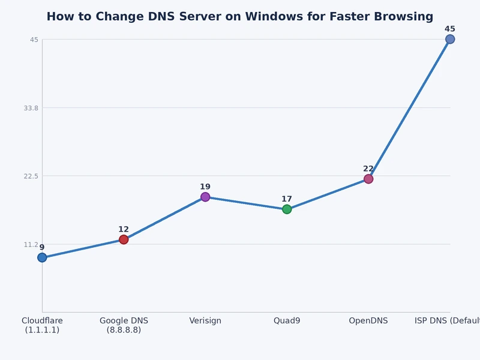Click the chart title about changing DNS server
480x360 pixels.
240,17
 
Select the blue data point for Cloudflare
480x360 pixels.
42,257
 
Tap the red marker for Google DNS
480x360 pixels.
124,239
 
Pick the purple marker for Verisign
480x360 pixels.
205,197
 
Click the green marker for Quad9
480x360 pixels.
287,209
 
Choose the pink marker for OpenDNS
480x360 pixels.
368,179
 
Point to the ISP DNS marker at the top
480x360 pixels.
450,39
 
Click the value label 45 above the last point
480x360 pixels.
450,29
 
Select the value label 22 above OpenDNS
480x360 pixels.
368,169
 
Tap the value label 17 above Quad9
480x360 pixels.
287,199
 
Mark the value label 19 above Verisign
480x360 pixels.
205,187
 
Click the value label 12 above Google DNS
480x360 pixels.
124,229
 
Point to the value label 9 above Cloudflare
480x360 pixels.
42,247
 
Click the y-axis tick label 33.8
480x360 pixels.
31,108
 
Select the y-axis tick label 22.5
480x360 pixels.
31,176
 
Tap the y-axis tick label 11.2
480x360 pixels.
31,244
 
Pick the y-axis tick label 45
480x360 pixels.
34,40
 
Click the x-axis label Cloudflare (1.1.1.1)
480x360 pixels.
42,325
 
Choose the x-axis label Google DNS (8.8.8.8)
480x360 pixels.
124,325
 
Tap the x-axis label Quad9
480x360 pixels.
287,321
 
